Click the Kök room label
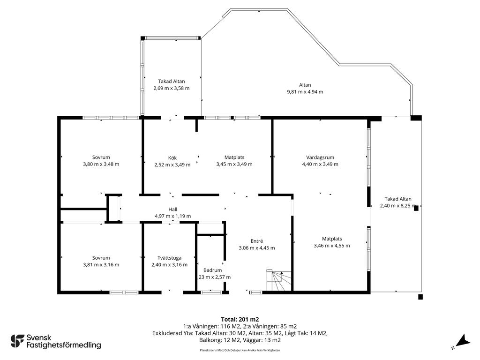point(172,158)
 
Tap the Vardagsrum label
point(320,157)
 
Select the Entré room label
point(256,241)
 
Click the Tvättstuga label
point(169,258)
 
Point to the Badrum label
point(212,270)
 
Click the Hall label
point(172,210)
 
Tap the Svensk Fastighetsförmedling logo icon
point(17,341)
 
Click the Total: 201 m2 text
point(240,320)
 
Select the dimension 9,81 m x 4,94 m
point(305,92)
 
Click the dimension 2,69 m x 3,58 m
point(172,88)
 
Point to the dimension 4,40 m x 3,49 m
point(320,164)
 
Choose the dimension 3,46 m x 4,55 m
point(332,246)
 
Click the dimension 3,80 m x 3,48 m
point(101,164)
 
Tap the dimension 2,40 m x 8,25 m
point(398,206)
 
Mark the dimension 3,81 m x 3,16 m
point(101,265)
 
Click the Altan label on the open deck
point(305,85)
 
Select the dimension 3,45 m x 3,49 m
point(234,164)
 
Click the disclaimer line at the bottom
point(240,350)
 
